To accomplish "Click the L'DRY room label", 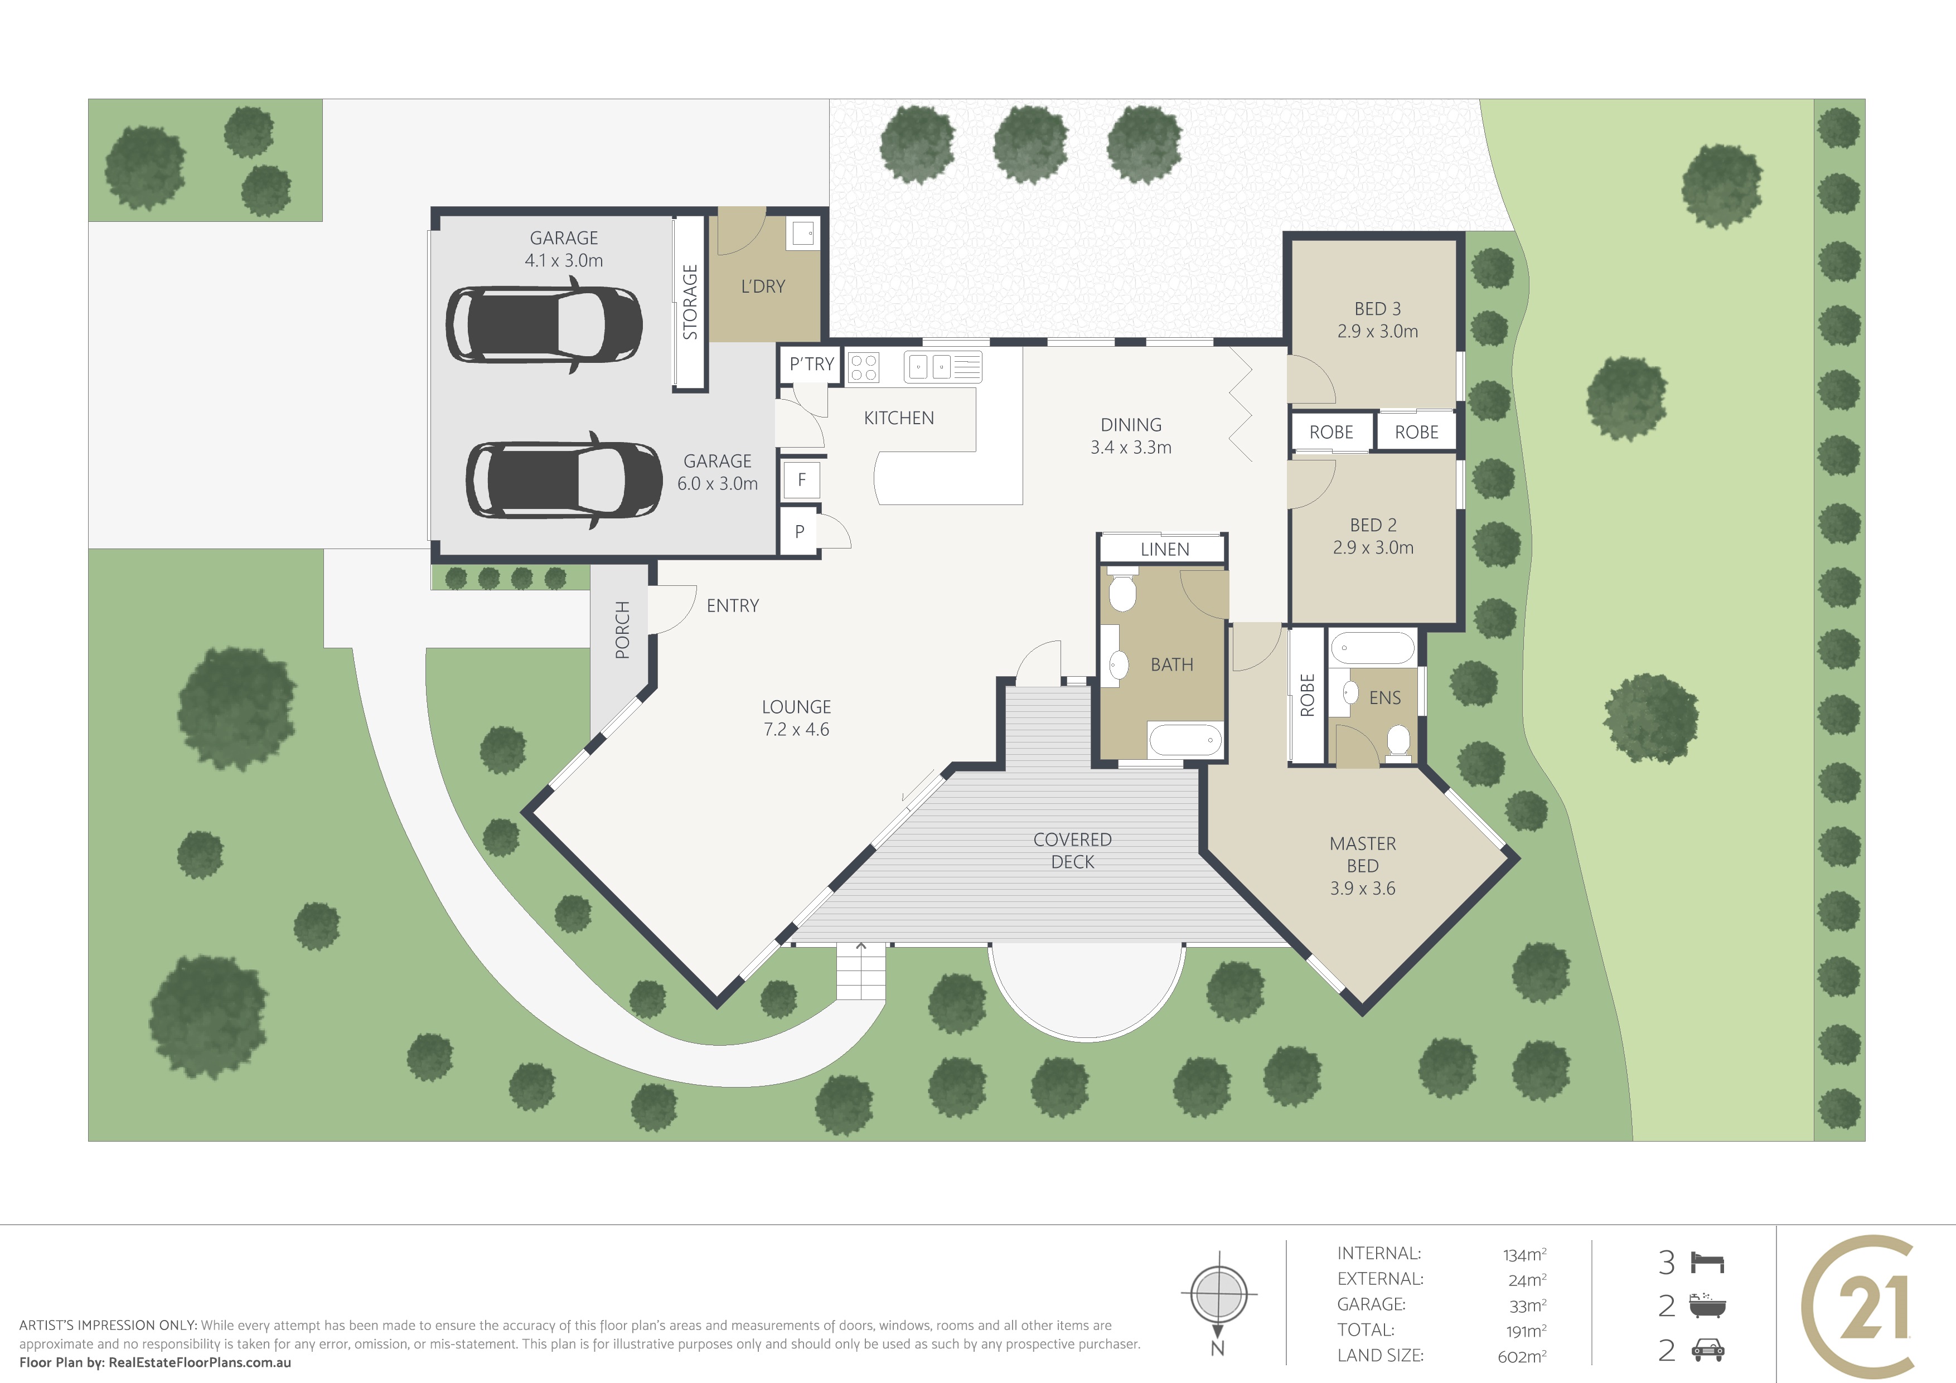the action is (762, 286).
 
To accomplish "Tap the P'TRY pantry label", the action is (811, 365).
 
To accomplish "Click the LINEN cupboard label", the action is (1165, 549).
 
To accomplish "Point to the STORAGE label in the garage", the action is (690, 302).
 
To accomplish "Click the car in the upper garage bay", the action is (544, 324).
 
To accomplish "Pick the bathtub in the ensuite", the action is (1372, 648).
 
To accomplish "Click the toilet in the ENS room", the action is (1398, 741).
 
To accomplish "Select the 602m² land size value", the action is (1522, 1356).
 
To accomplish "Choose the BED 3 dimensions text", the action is (1378, 331).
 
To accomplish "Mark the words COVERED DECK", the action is (1073, 851).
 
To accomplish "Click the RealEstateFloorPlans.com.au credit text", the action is (200, 1362).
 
